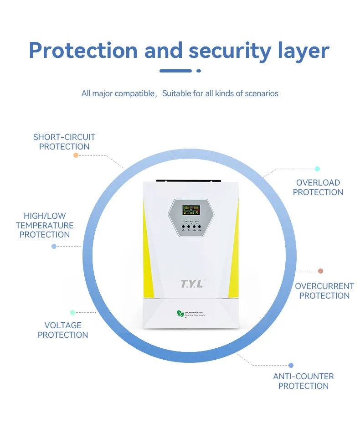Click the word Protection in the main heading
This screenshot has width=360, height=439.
coord(83,50)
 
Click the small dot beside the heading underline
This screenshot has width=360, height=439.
coord(198,71)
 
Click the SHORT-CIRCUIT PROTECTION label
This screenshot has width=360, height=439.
coord(64,142)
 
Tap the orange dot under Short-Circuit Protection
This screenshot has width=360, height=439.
coord(76,155)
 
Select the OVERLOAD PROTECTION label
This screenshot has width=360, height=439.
coord(318,187)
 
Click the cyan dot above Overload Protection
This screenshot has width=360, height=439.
coord(317,169)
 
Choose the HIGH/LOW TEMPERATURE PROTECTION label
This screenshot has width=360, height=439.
coord(45,225)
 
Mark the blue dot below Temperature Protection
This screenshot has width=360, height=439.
coord(54,247)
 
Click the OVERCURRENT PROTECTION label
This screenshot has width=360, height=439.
coord(324,291)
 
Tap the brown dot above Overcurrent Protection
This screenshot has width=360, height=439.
coord(320,271)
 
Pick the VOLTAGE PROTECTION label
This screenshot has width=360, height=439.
coord(63,330)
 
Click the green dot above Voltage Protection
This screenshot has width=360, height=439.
coord(72,312)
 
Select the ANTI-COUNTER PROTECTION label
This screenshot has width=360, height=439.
coord(303,381)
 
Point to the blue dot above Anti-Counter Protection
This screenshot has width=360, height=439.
coord(291,365)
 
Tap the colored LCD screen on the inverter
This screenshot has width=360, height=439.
coord(191,210)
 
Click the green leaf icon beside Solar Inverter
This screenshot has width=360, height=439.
coord(180,314)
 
